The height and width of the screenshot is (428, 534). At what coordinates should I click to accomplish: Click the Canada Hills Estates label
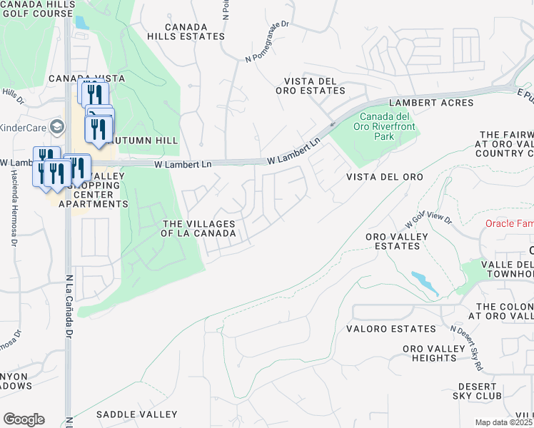pyautogui.click(x=186, y=31)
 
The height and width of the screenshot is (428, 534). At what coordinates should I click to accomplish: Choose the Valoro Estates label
pyautogui.click(x=391, y=329)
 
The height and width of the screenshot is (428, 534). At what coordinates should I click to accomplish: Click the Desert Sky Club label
pyautogui.click(x=476, y=391)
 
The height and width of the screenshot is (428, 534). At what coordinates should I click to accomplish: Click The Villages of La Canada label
pyautogui.click(x=199, y=228)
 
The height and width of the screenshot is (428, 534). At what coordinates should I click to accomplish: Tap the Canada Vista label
pyautogui.click(x=87, y=78)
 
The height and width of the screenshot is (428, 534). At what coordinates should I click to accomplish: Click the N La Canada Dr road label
pyautogui.click(x=69, y=307)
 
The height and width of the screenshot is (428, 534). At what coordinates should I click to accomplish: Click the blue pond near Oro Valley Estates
pyautogui.click(x=425, y=282)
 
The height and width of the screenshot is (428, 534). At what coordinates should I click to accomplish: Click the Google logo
pyautogui.click(x=23, y=419)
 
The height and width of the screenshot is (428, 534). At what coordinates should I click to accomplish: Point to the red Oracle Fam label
pyautogui.click(x=509, y=223)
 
